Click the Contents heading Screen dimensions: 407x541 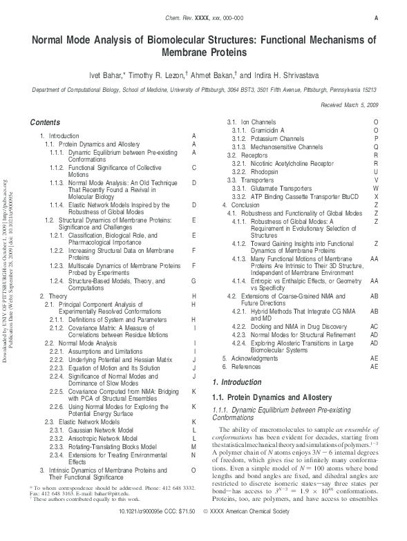pos(45,122)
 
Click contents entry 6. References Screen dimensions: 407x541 pos(245,348)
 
